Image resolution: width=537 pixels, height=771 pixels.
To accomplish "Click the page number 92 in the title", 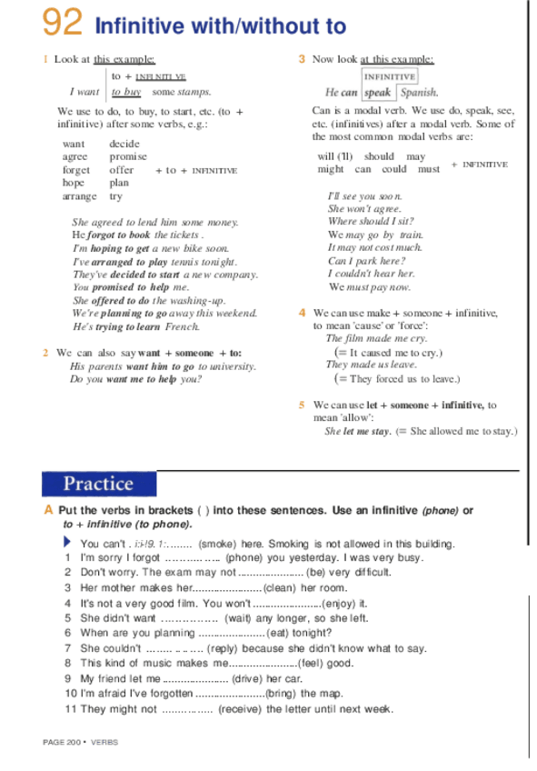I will click(x=63, y=22).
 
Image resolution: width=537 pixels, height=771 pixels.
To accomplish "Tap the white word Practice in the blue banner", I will click(x=97, y=484).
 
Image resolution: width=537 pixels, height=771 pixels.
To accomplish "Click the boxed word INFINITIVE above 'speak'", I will click(x=390, y=77).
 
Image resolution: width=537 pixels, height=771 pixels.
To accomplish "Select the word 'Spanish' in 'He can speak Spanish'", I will click(x=419, y=93).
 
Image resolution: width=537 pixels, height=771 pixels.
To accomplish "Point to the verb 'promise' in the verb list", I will click(x=127, y=157).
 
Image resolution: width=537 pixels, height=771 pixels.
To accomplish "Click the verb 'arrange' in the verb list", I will click(x=79, y=196).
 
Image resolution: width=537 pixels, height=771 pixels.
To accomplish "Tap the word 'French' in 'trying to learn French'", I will click(x=182, y=326).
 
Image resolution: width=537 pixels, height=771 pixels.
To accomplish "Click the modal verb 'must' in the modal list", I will click(x=429, y=169).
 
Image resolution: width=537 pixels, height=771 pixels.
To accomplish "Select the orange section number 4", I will click(x=302, y=313).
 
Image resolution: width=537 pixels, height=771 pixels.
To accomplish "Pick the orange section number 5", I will click(x=302, y=405).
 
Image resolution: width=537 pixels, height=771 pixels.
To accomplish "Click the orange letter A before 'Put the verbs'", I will click(x=48, y=511).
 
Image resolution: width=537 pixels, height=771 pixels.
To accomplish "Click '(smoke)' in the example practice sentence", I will click(x=217, y=544).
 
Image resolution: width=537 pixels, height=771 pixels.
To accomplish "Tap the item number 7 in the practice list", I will click(x=68, y=648).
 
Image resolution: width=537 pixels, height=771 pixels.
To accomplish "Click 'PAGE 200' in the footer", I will click(x=61, y=742).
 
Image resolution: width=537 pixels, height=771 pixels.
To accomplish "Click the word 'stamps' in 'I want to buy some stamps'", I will click(x=194, y=92).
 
